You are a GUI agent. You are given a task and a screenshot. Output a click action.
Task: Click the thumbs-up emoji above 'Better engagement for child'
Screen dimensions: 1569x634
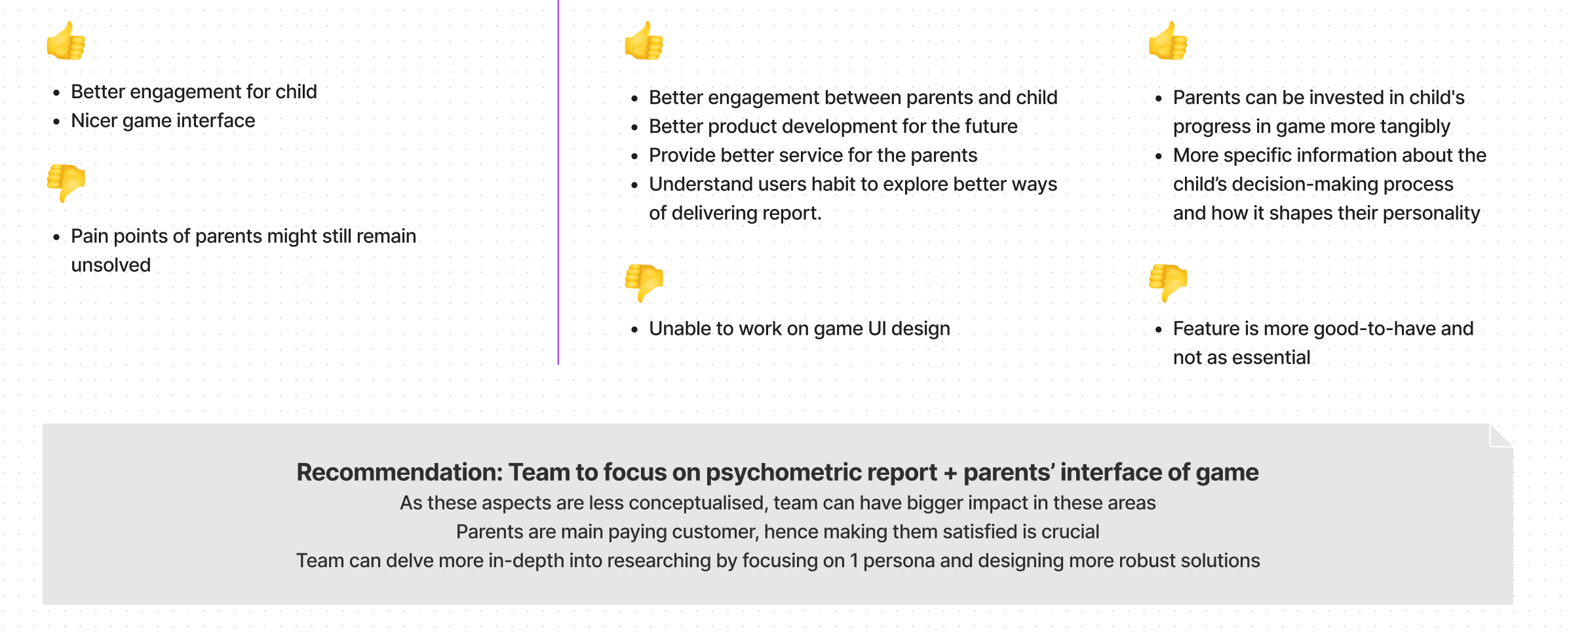coord(66,41)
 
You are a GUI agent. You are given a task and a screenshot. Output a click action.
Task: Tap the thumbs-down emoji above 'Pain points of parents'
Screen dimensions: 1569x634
coord(66,183)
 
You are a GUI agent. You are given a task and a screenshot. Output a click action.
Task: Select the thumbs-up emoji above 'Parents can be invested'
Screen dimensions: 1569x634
coord(1169,41)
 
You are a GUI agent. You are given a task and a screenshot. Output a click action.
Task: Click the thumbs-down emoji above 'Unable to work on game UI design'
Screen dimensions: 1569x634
coord(644,283)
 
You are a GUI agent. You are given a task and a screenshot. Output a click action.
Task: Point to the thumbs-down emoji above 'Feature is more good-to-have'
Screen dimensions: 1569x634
coord(1169,283)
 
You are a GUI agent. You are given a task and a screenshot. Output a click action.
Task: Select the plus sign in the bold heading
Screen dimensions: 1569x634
coord(950,473)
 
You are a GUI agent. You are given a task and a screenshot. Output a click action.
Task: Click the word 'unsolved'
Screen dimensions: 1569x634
coord(111,265)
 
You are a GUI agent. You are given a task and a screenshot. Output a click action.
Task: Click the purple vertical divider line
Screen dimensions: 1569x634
coord(558,182)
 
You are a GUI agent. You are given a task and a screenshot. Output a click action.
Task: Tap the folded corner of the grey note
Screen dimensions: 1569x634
coord(1501,436)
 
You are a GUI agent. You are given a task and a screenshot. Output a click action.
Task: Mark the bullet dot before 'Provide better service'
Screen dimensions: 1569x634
coord(634,157)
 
